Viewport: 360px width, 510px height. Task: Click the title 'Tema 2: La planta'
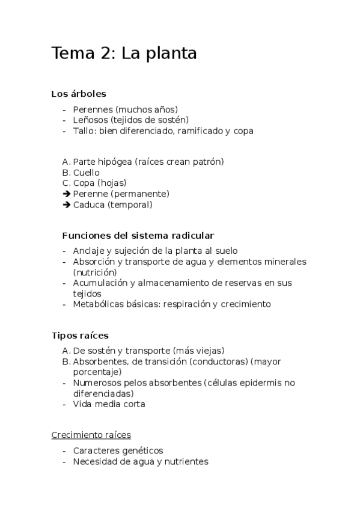point(124,54)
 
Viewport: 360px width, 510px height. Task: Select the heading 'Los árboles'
point(79,94)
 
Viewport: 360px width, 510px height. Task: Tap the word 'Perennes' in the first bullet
point(93,109)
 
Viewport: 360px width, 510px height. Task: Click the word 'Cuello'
point(86,173)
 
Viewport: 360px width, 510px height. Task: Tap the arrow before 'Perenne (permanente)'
point(66,194)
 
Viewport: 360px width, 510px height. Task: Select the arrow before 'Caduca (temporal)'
point(66,204)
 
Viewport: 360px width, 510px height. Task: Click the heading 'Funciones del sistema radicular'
point(138,235)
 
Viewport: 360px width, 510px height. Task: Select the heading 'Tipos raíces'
point(80,335)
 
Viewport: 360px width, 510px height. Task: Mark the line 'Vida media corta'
point(109,404)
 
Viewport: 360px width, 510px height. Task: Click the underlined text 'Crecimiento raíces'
point(91,434)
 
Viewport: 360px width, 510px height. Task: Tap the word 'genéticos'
point(142,450)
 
